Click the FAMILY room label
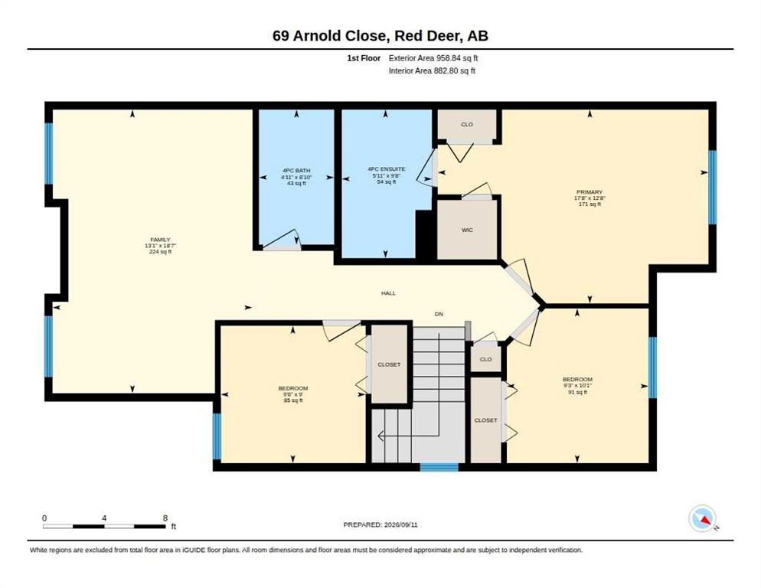click(160, 240)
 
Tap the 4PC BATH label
click(296, 171)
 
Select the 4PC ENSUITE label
click(387, 169)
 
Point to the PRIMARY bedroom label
click(590, 192)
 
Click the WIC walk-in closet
click(467, 230)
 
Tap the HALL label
click(388, 293)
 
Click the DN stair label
click(439, 314)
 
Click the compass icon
click(703, 518)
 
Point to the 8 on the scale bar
click(165, 518)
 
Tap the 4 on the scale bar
click(104, 518)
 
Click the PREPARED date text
click(380, 525)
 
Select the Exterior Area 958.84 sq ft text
click(433, 58)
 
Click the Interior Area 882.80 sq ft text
click(432, 71)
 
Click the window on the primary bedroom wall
click(712, 187)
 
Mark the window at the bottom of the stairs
click(439, 467)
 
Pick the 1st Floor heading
click(364, 58)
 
